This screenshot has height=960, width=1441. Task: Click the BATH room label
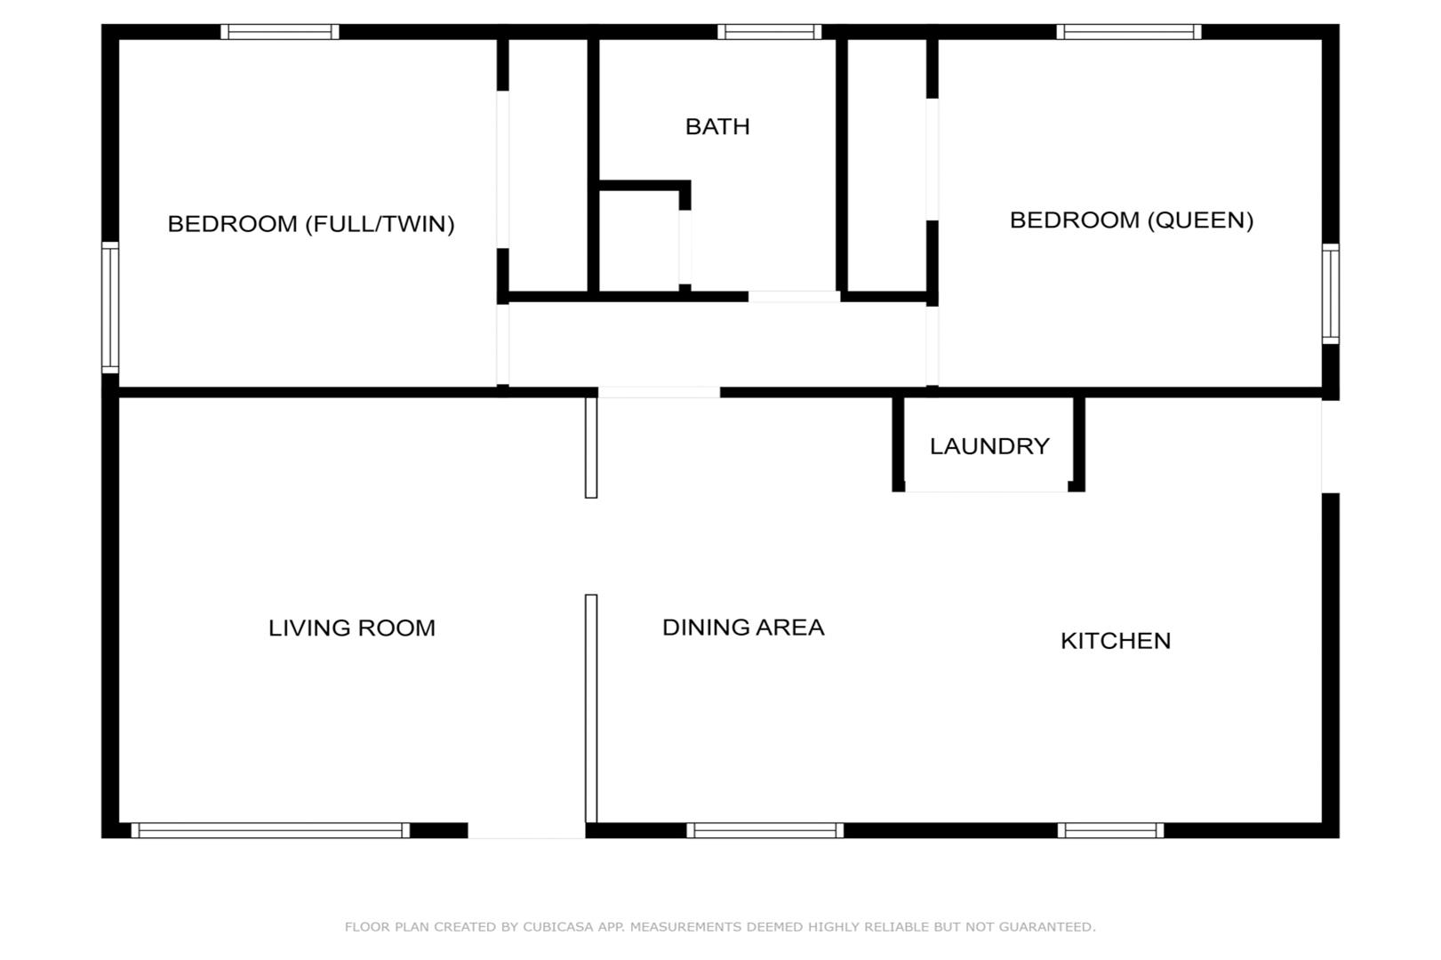tap(717, 127)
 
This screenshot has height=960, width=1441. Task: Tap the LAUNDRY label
tap(989, 446)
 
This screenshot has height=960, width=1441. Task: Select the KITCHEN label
tap(1116, 641)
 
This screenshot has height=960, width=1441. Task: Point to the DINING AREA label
tap(743, 628)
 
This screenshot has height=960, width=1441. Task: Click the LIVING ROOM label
tap(352, 628)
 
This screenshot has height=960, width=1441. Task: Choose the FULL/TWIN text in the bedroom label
tap(380, 224)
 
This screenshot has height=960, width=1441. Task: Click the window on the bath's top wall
tap(769, 31)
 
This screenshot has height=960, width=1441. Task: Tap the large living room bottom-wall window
tap(270, 830)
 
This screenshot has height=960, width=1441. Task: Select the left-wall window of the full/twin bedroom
tap(110, 308)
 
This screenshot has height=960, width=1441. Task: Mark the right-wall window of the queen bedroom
tap(1331, 294)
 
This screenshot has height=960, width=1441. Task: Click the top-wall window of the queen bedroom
tap(1128, 31)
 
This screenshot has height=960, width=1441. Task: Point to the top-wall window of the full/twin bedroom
tap(280, 31)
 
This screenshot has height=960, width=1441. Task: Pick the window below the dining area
tap(765, 830)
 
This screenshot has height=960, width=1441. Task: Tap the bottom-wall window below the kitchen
tap(1110, 830)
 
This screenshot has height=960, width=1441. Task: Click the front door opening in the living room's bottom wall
tap(526, 831)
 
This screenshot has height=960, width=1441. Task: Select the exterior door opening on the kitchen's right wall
tap(1331, 446)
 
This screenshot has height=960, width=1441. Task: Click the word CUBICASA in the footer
tap(558, 927)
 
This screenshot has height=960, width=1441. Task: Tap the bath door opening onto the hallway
tap(794, 297)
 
